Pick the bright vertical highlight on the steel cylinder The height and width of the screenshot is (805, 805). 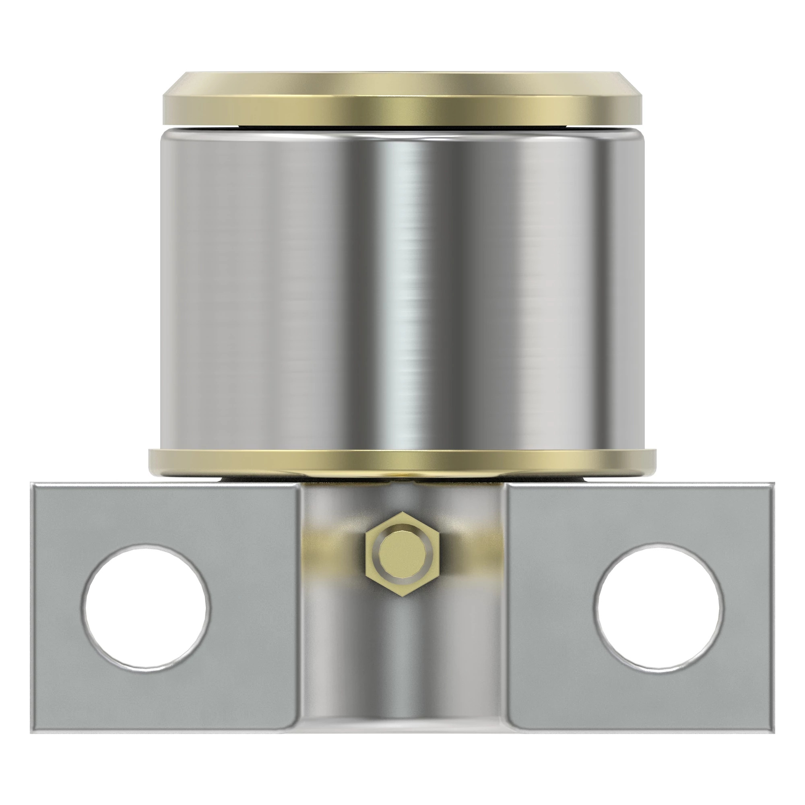tap(411, 292)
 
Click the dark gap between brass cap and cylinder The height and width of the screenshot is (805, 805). tap(402, 127)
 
